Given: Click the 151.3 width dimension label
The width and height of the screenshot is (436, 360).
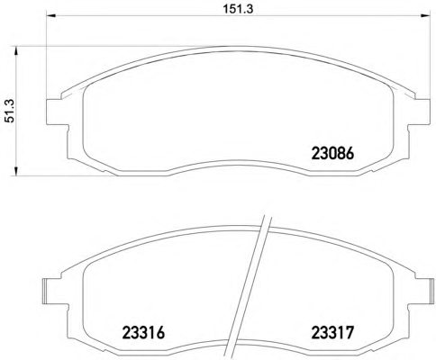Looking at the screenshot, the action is (x=238, y=9).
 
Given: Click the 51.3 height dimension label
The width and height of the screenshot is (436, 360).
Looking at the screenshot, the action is (x=10, y=111).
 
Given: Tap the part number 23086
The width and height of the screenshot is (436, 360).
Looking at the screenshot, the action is (x=333, y=154).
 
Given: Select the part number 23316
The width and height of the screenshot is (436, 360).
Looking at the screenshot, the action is (x=143, y=332).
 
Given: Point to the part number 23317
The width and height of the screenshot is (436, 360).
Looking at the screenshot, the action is (x=333, y=332).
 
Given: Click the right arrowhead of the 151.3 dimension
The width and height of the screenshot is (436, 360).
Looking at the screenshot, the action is (x=426, y=16).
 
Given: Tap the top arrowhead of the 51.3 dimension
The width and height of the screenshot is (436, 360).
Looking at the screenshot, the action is (x=16, y=50).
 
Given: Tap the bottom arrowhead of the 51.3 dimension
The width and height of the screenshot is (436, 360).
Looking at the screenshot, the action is (x=16, y=171).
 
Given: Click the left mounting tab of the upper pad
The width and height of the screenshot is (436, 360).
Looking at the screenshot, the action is (x=57, y=112).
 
